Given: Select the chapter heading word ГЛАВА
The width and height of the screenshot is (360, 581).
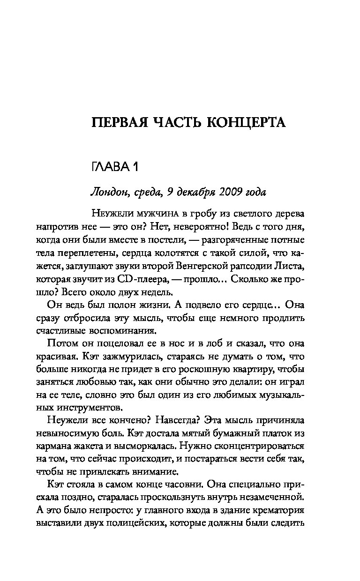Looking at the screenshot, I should pos(107,166).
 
